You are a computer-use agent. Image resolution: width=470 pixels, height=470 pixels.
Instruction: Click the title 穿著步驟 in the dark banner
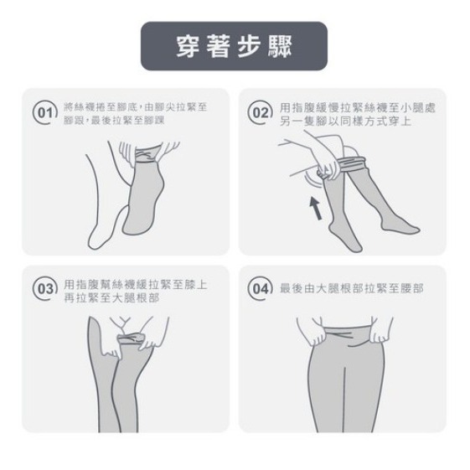click(x=234, y=46)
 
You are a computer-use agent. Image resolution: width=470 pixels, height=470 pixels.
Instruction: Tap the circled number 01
click(x=45, y=113)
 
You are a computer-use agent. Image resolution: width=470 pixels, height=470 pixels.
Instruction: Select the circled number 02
click(x=261, y=113)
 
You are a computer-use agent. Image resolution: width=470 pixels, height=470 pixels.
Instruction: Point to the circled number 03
click(x=45, y=289)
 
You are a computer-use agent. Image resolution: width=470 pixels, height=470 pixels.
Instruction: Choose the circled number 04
click(x=261, y=289)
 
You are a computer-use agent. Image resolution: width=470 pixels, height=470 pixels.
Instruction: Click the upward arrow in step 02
click(x=316, y=209)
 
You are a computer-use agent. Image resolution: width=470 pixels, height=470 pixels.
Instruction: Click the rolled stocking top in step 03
click(x=131, y=338)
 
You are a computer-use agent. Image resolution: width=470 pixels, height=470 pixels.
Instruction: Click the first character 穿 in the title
click(x=189, y=46)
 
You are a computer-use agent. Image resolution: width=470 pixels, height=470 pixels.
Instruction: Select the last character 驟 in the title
click(x=280, y=46)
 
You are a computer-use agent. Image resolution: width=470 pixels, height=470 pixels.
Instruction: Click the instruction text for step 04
click(x=352, y=289)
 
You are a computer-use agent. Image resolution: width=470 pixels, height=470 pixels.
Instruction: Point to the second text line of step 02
click(x=345, y=121)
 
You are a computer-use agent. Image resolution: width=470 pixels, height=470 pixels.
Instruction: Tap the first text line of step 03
click(x=136, y=285)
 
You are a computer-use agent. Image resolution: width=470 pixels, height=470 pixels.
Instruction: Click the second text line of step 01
click(x=114, y=121)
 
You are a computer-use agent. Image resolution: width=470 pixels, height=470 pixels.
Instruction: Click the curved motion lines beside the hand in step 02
click(x=312, y=179)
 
